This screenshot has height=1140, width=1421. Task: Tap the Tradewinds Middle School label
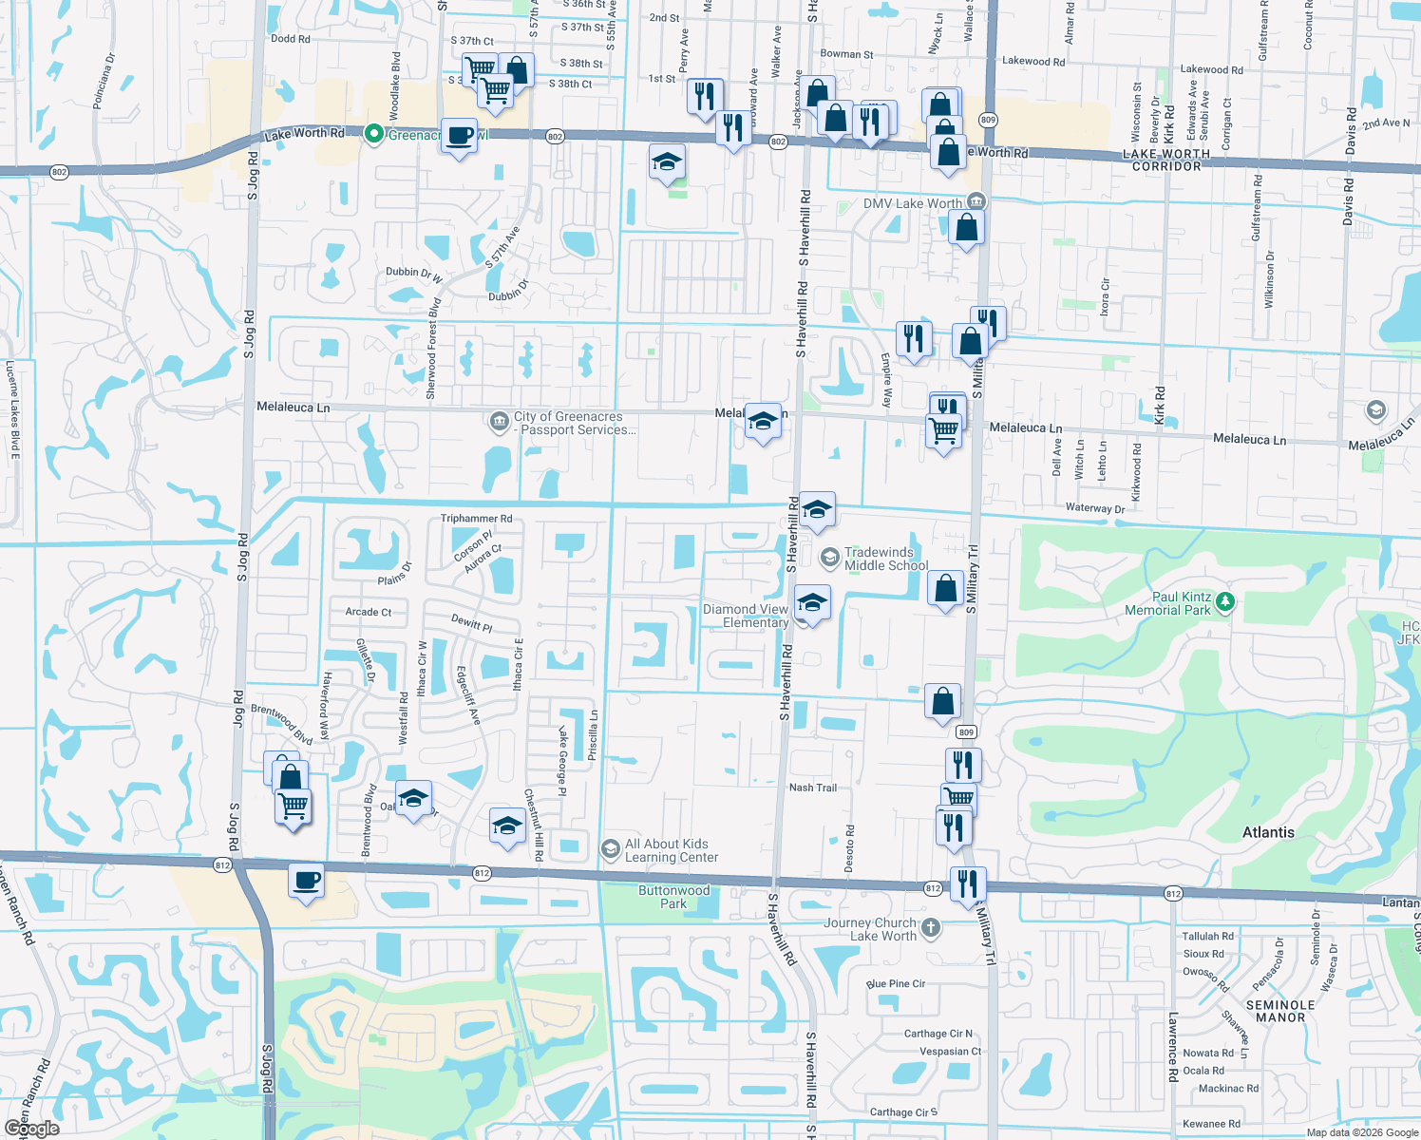click(x=885, y=559)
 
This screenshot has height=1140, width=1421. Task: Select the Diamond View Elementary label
click(x=746, y=616)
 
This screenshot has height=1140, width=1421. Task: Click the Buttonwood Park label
click(x=673, y=897)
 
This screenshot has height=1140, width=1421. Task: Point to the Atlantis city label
click(x=1268, y=832)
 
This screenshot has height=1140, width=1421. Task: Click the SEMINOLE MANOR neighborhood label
click(x=1280, y=1011)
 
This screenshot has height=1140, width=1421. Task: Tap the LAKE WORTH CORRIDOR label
click(x=1166, y=160)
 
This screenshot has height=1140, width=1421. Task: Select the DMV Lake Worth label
click(x=912, y=203)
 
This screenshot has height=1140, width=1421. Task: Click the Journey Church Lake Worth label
click(x=870, y=929)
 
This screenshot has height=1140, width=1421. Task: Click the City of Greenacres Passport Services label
click(x=574, y=423)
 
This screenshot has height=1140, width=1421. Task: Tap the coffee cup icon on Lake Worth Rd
click(x=459, y=135)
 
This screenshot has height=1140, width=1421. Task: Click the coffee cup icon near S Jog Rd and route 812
click(x=306, y=881)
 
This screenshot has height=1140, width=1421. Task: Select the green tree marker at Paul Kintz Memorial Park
click(x=1224, y=602)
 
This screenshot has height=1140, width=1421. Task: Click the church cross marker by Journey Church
click(x=931, y=927)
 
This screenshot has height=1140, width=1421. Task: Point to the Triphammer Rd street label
click(x=476, y=519)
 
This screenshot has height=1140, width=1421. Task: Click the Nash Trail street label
click(x=813, y=788)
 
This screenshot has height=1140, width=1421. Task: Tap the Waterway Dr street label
click(x=1094, y=508)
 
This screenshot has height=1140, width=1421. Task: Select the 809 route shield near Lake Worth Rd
click(x=988, y=120)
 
